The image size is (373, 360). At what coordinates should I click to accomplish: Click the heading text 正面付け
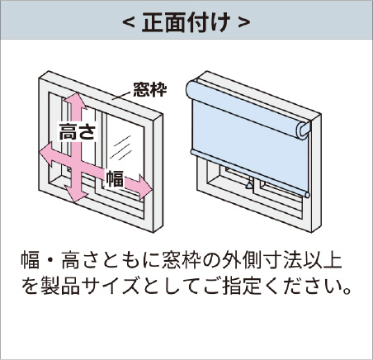tap(186, 21)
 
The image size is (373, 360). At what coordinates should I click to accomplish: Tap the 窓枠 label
tap(150, 89)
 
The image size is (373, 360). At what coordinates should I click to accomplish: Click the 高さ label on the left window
tap(78, 131)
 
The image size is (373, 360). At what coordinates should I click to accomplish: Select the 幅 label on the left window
tap(116, 178)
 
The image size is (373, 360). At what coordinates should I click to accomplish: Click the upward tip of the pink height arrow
tap(75, 93)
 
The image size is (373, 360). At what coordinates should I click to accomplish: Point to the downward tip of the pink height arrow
tap(75, 202)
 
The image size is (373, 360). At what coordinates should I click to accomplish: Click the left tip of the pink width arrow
tap(40, 151)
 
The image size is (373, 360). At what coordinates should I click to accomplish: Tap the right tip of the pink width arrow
tap(152, 190)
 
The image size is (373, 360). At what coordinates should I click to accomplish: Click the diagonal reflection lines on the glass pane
tap(120, 147)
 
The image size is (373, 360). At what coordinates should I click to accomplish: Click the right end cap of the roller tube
tap(305, 130)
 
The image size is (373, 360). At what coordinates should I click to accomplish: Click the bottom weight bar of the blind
tap(250, 173)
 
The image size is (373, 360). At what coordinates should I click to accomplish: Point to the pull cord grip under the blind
tap(249, 185)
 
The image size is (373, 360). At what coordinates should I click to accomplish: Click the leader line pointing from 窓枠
tap(121, 95)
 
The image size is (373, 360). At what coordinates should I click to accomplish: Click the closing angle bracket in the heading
tap(244, 22)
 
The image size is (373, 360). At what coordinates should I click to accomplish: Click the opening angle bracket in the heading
tap(129, 22)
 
